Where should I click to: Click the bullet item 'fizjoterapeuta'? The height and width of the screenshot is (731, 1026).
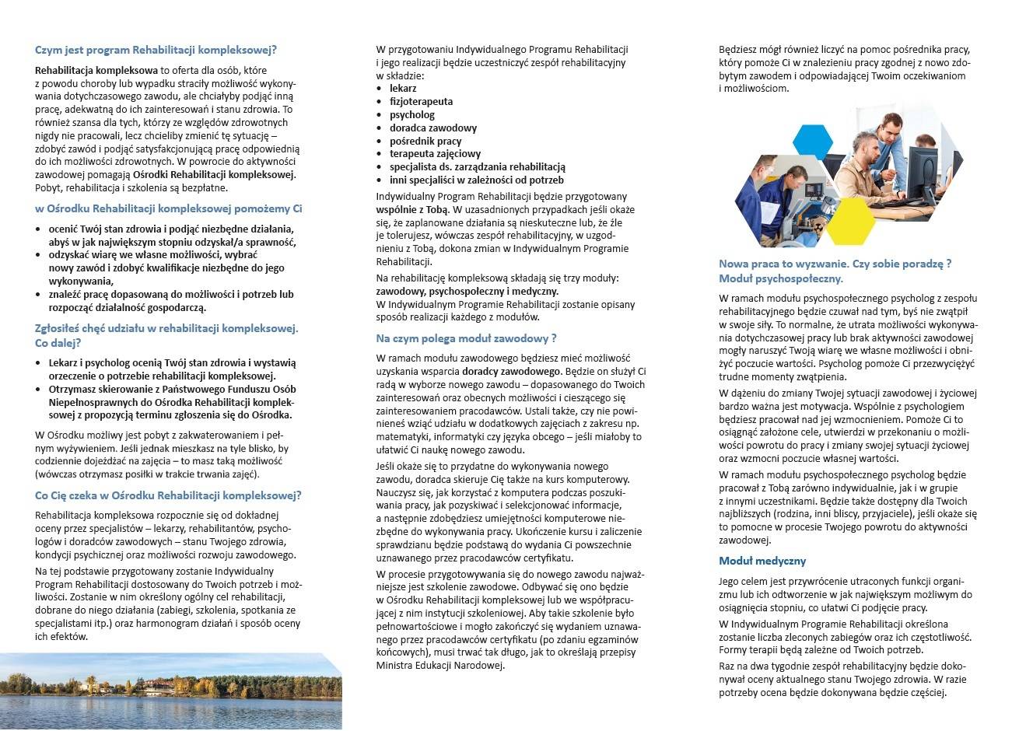pos(421,101)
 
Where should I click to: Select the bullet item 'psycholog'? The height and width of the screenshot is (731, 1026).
pos(412,114)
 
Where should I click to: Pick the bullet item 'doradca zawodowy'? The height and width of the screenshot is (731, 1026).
pos(433,128)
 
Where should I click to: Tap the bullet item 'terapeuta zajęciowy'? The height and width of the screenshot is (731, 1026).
pos(435,154)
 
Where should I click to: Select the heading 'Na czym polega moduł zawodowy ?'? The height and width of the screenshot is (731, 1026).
pos(466,338)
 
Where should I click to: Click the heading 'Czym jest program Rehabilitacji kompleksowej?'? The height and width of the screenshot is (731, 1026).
pos(156,50)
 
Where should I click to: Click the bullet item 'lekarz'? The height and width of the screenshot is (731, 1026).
pos(403,88)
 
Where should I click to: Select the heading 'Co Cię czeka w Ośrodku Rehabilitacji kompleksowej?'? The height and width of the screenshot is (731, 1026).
pos(168,495)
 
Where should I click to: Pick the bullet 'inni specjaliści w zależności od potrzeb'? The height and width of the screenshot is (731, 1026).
pos(477,180)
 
